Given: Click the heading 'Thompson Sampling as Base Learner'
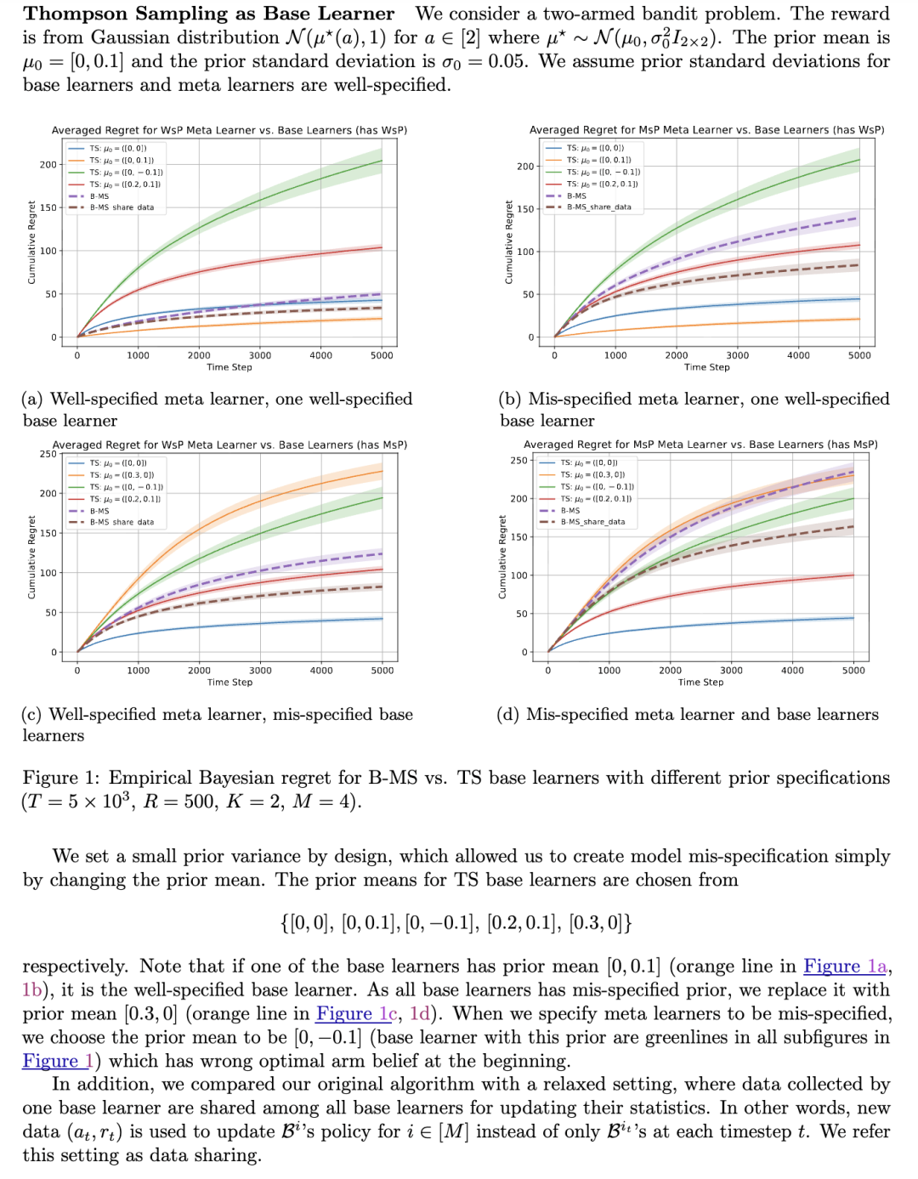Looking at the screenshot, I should tap(209, 14).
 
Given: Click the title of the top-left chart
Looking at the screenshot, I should tap(229, 130).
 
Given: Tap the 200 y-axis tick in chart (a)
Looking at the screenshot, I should tap(48, 165).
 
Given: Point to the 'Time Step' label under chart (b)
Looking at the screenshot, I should tap(706, 367).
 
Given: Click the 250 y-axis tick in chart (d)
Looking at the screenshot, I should tap(518, 461).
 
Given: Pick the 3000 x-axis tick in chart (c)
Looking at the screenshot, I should tap(260, 671).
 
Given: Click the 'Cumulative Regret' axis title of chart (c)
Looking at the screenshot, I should tap(31, 557).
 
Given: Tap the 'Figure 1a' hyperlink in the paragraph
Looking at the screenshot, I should tap(845, 966).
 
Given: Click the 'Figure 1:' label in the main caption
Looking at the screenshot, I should tap(61, 779).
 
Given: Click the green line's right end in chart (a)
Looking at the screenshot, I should tap(382, 161).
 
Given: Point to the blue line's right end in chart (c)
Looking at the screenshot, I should tap(382, 619).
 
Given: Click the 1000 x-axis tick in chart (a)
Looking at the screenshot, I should tap(138, 355).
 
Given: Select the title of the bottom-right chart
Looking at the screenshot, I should tap(700, 445).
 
